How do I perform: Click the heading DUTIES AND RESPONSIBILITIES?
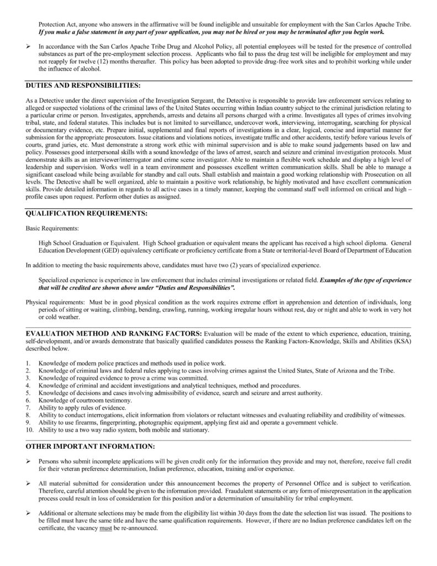(x=83, y=86)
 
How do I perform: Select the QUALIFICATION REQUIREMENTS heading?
(x=86, y=213)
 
